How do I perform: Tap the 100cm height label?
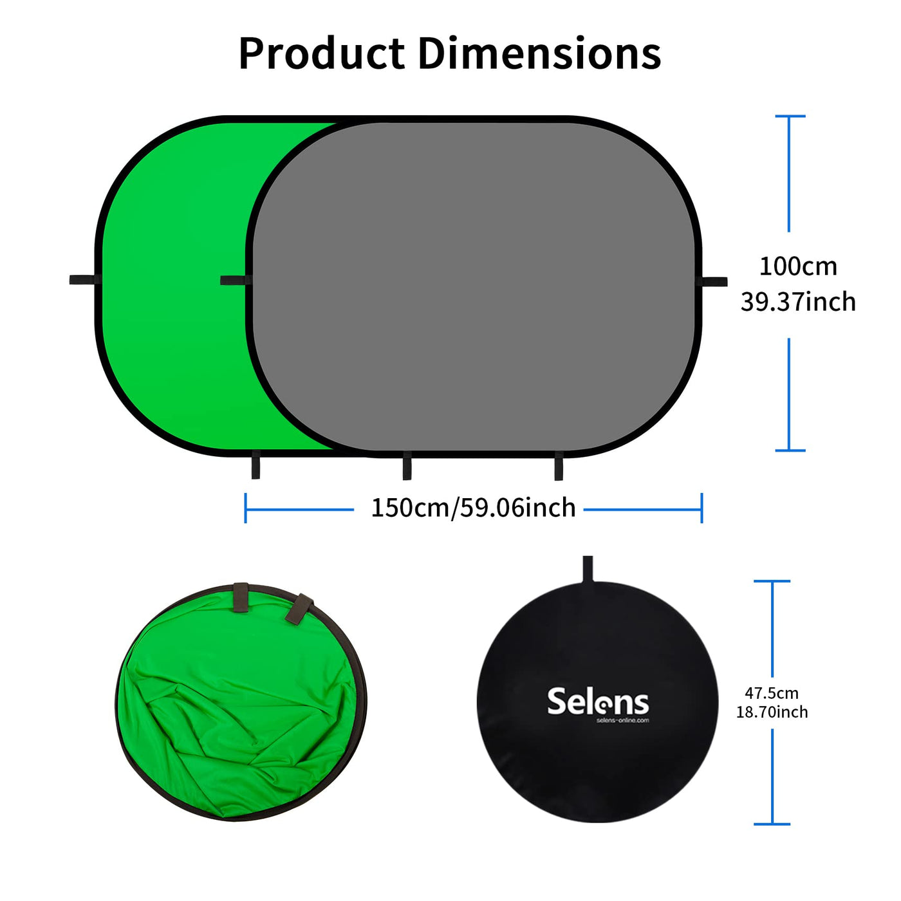click(x=798, y=266)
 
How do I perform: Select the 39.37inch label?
click(x=798, y=302)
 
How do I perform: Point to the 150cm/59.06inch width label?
click(x=473, y=508)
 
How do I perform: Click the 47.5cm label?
click(x=772, y=693)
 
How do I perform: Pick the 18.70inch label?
click(x=772, y=712)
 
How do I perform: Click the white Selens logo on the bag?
click(x=598, y=700)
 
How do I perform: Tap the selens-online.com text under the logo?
click(x=623, y=721)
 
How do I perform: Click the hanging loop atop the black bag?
click(x=588, y=569)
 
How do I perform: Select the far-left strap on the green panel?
click(x=84, y=279)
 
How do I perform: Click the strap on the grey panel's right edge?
click(x=711, y=281)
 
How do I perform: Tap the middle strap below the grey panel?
click(x=407, y=465)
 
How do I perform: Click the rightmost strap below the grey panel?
click(x=558, y=466)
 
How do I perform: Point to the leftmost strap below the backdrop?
click(x=255, y=465)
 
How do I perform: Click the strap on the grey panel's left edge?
click(x=236, y=280)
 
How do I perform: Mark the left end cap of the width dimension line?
click(x=245, y=508)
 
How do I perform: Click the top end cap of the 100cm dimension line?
click(x=790, y=116)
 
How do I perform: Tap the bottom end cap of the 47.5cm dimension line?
click(x=772, y=824)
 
